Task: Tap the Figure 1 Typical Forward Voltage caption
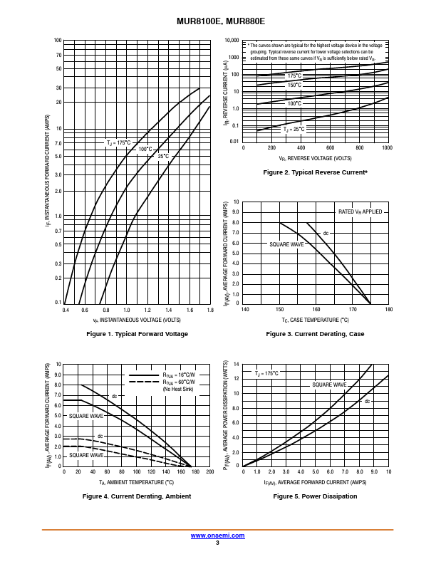pyautogui.click(x=137, y=334)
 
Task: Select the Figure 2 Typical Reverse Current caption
pyautogui.click(x=315, y=172)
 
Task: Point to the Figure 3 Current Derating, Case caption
pyautogui.click(x=315, y=334)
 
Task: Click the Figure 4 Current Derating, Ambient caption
pyautogui.click(x=137, y=496)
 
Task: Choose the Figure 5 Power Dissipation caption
pyautogui.click(x=315, y=496)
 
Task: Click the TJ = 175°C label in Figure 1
pyautogui.click(x=119, y=142)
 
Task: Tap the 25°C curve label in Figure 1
pyautogui.click(x=163, y=156)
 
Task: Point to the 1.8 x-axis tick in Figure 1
pyautogui.click(x=210, y=310)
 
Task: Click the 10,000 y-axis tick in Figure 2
pyautogui.click(x=232, y=41)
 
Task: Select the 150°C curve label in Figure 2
pyautogui.click(x=294, y=85)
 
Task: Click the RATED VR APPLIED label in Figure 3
pyautogui.click(x=360, y=211)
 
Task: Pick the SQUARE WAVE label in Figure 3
pyautogui.click(x=286, y=244)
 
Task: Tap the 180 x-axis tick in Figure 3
pyautogui.click(x=388, y=310)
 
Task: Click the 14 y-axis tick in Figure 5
pyautogui.click(x=237, y=364)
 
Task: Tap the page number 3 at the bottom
pyautogui.click(x=217, y=543)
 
